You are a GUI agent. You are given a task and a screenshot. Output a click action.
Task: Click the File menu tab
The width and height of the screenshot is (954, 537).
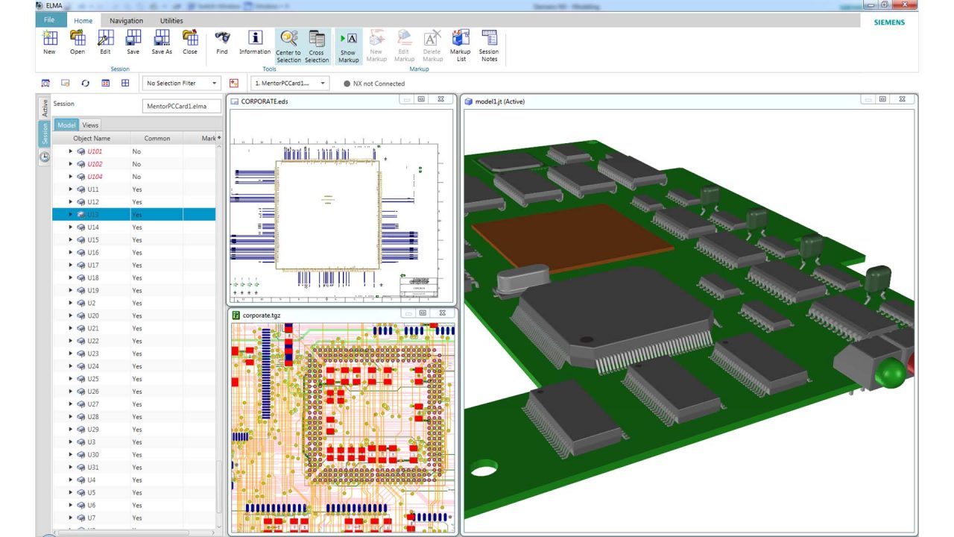point(49,20)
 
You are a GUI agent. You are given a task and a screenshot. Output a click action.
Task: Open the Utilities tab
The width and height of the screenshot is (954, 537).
point(171,21)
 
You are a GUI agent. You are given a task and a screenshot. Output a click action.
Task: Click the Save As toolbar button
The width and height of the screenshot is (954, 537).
point(162,43)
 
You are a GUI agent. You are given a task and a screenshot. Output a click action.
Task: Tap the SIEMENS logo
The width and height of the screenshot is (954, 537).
point(889,22)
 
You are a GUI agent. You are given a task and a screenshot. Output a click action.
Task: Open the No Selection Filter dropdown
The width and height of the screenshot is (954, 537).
point(182,84)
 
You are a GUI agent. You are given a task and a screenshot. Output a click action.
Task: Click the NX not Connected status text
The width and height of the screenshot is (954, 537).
point(379,84)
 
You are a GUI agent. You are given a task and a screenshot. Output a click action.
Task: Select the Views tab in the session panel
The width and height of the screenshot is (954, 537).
point(90,125)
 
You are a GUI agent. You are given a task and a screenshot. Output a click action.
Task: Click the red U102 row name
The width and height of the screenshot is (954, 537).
point(95,164)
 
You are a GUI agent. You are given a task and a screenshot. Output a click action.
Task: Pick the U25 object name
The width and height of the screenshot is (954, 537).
point(93,379)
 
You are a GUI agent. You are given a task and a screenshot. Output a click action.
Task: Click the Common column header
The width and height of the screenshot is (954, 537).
point(157,139)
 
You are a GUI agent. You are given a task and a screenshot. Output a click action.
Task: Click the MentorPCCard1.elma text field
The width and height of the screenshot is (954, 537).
point(182,107)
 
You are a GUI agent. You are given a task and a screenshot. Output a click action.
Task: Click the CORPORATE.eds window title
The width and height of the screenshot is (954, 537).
point(264,101)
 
